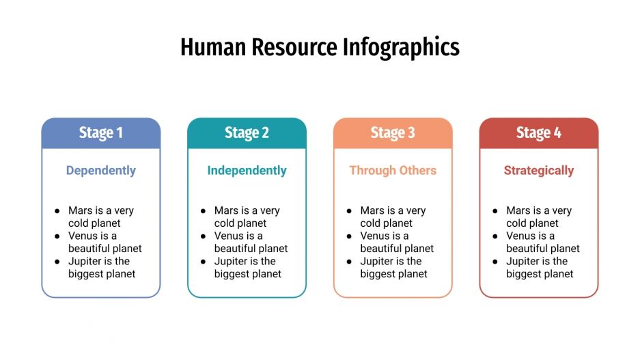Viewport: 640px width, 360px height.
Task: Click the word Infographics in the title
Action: pyautogui.click(x=401, y=47)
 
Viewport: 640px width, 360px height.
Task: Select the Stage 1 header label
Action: pyautogui.click(x=101, y=133)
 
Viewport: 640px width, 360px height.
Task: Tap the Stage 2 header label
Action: pyautogui.click(x=247, y=133)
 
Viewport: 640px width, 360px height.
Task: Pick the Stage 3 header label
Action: pyautogui.click(x=393, y=133)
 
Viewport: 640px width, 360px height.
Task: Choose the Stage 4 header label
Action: pyautogui.click(x=539, y=133)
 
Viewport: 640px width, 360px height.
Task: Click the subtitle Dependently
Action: pyautogui.click(x=101, y=171)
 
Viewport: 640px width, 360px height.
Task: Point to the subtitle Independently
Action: pyautogui.click(x=247, y=171)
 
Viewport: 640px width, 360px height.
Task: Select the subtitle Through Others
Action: pyautogui.click(x=393, y=171)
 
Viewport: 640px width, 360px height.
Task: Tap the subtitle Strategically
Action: pyautogui.click(x=539, y=171)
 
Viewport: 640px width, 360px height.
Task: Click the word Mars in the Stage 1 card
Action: pyautogui.click(x=80, y=210)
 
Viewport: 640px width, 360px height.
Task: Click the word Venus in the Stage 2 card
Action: pyautogui.click(x=229, y=236)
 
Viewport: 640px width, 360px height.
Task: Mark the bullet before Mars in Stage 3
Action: pyautogui.click(x=350, y=211)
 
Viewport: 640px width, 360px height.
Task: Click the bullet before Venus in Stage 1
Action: pyautogui.click(x=57, y=236)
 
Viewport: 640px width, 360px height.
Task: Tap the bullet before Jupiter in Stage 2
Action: pyautogui.click(x=204, y=262)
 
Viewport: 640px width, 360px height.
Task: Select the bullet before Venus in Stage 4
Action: pyautogui.click(x=495, y=236)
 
